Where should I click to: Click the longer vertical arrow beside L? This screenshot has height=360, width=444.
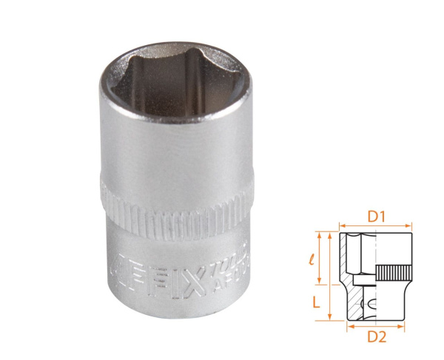tap(329, 276)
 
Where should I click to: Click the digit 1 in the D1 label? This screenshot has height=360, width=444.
tap(382, 219)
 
